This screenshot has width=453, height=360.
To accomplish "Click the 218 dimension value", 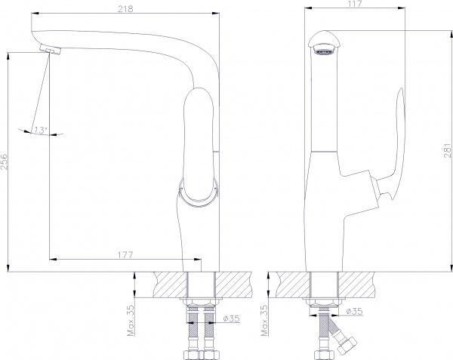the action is [x=125, y=9].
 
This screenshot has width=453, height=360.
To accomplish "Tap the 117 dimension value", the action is [x=355, y=4].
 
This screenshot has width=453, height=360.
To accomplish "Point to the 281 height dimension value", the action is [x=448, y=151].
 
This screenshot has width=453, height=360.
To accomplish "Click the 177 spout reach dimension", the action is [x=125, y=255].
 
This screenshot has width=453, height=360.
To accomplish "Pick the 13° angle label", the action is [x=40, y=131].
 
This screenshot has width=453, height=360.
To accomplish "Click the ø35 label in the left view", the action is [x=232, y=318].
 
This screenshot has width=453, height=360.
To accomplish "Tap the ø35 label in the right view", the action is [x=354, y=311].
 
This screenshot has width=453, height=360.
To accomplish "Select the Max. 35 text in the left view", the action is [x=131, y=320].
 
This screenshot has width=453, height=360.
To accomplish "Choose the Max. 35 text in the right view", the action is [x=264, y=320].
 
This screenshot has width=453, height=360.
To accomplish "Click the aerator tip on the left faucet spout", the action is [x=51, y=49].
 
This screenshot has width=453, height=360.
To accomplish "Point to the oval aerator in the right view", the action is [x=325, y=51].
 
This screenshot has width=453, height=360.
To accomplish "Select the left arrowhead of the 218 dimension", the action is [x=35, y=13].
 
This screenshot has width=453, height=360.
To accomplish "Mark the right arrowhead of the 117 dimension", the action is [x=402, y=8].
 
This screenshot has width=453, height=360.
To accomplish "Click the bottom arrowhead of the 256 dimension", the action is [x=8, y=268].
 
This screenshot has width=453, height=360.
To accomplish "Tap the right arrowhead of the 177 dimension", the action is [x=197, y=260].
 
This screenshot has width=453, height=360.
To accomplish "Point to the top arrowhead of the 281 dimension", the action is [x=451, y=33].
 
